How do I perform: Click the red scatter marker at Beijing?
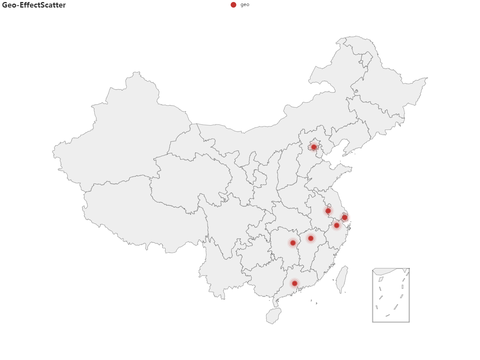314,147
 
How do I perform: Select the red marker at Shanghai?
345,218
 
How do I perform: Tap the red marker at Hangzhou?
337,226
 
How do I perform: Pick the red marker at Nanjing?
328,211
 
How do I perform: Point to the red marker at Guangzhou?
294,283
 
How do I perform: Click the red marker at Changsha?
293,243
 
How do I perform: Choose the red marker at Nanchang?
310,238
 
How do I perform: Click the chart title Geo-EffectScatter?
34,5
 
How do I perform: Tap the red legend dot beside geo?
233,5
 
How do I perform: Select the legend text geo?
245,5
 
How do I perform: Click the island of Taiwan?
342,280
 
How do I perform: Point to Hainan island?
274,316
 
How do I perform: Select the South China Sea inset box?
391,295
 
